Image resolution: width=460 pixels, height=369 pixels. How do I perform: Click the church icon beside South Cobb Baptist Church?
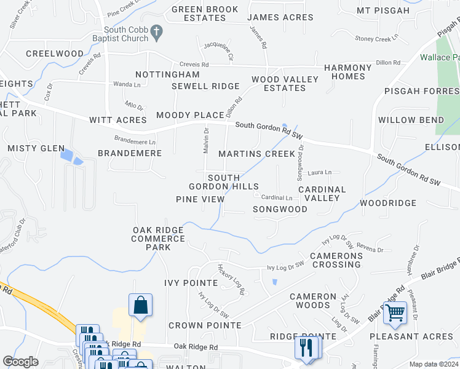pos(157,33)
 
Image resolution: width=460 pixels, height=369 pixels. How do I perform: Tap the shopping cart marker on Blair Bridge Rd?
pos(395,313)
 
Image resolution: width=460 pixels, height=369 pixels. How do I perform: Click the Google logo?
pos(20,362)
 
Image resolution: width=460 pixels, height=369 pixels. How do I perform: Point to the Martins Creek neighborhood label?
pos(256,154)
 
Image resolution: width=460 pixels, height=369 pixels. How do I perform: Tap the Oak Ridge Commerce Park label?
pos(157,239)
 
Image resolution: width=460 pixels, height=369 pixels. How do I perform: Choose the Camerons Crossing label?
pos(335,260)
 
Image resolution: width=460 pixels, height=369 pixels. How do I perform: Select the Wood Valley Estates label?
pos(285,84)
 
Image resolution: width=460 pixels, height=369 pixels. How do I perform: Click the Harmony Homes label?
pos(348,72)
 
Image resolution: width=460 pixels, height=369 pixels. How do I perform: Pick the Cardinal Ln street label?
pos(276,197)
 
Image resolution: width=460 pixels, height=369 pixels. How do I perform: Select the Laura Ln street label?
pos(319,172)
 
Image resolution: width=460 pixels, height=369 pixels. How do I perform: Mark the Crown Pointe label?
pos(205,325)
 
